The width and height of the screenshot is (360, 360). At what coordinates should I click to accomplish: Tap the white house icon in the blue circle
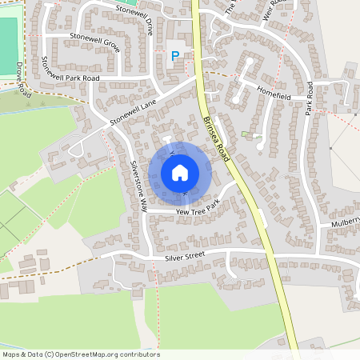click(x=180, y=172)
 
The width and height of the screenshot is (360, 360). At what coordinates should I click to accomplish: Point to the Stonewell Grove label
click(x=94, y=42)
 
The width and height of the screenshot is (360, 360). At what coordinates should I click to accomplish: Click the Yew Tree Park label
click(x=197, y=210)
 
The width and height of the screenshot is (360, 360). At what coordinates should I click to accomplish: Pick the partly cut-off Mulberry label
click(x=345, y=226)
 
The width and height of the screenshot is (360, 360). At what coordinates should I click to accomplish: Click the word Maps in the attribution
click(x=11, y=354)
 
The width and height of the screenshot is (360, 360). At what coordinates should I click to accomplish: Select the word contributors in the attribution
click(x=138, y=354)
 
